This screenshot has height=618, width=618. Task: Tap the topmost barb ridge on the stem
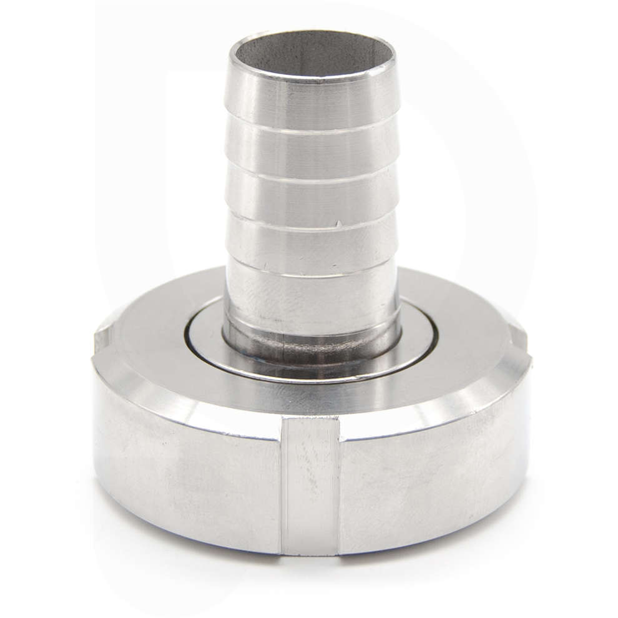(x=312, y=94)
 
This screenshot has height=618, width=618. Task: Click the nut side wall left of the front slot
(x=187, y=481)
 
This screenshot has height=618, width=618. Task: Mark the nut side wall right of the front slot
(x=431, y=481)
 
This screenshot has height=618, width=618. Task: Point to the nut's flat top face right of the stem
(x=468, y=350)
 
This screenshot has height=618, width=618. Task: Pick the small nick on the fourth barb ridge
(x=338, y=223)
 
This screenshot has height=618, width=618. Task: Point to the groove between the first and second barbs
(x=312, y=122)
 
